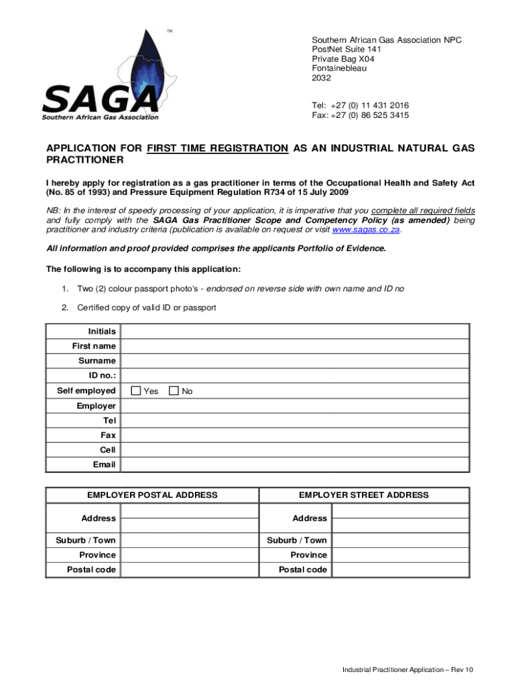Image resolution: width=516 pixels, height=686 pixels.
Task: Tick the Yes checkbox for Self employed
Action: coord(136,391)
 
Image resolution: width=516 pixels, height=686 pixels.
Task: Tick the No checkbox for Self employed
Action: coord(174,391)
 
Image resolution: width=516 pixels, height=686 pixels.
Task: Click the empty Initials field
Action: coord(295,332)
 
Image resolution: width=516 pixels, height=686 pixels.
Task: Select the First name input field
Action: coord(295,346)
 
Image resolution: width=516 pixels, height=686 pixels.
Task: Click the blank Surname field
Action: coord(295,361)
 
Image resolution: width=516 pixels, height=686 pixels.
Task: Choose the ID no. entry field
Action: coord(295,376)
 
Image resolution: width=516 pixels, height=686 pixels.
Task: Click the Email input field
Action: coord(295,464)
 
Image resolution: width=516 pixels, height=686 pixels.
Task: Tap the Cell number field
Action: coord(295,450)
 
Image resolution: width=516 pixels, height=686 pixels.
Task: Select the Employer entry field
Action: coord(295,405)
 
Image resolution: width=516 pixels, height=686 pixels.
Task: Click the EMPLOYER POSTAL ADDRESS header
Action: coord(152,495)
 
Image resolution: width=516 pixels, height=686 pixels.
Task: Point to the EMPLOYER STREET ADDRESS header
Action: coord(363,495)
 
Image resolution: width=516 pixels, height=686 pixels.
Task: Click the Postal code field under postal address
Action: coord(189,569)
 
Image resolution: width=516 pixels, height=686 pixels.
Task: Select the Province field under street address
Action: coord(400,555)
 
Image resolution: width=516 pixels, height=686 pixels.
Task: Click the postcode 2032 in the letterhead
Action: coord(322,78)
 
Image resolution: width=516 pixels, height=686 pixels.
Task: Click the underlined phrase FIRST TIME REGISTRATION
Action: coord(218,148)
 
